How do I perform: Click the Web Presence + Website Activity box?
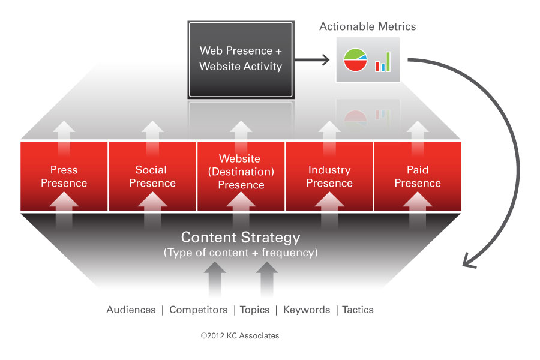pos(241,59)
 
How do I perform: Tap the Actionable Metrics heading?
pos(367,26)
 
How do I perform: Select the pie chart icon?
pos(355,59)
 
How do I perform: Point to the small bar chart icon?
pos(383,62)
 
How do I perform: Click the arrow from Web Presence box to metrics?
pos(312,59)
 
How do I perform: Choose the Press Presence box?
pos(64,176)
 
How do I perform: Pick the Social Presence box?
pos(152,176)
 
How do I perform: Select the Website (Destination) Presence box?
pos(241,176)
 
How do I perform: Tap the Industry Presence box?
pos(329,176)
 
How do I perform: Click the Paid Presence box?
pos(418,176)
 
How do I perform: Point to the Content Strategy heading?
pos(241,238)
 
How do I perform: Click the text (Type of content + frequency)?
pos(241,253)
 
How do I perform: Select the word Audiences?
pos(131,310)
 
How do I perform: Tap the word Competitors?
pos(199,310)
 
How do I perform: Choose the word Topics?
pos(254,310)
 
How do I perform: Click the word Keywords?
pos(307,310)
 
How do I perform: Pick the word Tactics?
pos(358,310)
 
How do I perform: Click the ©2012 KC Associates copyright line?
pos(240,335)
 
